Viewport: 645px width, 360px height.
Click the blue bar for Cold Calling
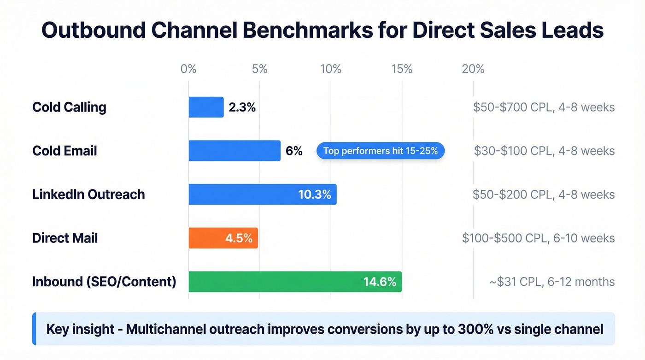point(206,107)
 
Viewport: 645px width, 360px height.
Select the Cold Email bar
point(235,151)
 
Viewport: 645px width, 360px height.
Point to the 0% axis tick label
point(188,69)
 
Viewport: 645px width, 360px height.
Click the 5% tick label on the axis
point(260,69)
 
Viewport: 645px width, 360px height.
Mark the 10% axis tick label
point(331,69)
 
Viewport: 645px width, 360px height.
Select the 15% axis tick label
point(402,69)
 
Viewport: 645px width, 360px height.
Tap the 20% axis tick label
point(473,69)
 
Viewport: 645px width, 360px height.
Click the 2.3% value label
point(242,107)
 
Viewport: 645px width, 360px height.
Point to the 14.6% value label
point(380,282)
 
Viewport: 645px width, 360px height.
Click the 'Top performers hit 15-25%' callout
point(380,151)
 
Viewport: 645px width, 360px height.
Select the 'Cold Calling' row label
point(69,107)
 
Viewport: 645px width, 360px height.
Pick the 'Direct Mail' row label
point(65,238)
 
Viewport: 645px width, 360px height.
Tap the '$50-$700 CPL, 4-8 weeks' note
point(544,107)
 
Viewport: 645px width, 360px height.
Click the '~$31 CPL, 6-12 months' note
point(552,282)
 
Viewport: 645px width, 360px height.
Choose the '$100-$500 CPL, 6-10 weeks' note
point(539,238)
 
